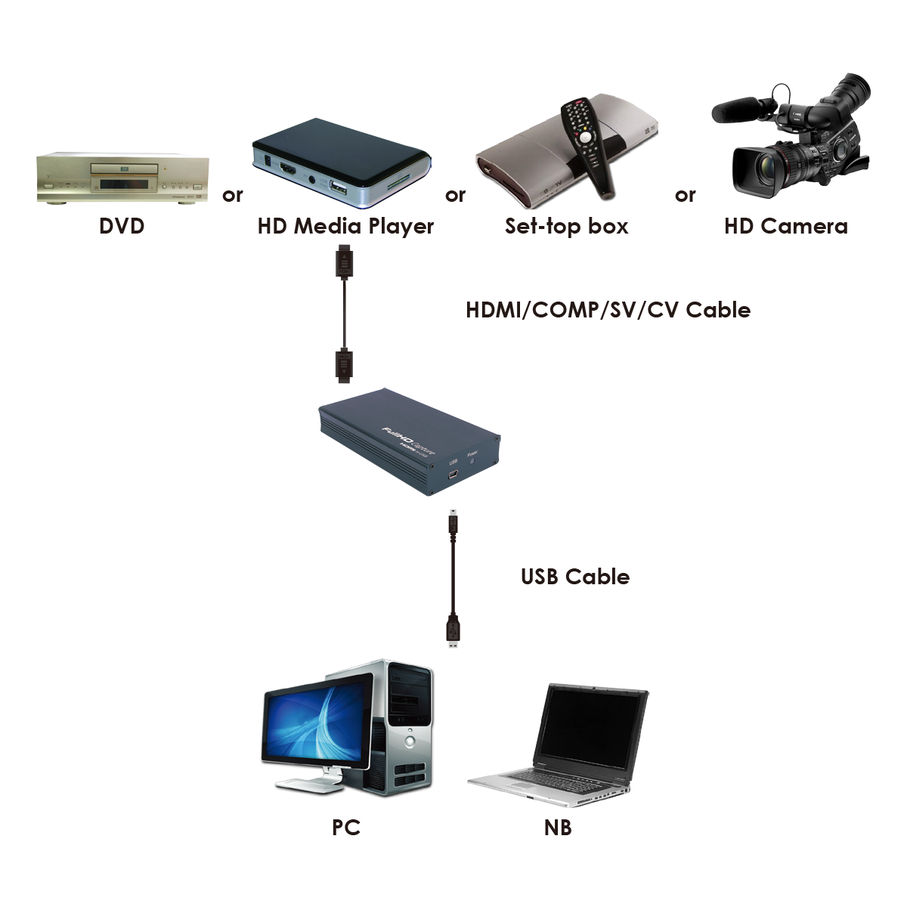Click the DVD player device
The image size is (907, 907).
point(122,178)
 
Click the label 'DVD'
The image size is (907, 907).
point(122,226)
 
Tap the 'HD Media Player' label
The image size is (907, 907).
point(345,226)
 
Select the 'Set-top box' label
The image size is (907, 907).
point(566,226)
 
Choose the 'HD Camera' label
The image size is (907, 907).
point(785,226)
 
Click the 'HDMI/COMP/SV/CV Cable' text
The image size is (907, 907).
point(608,310)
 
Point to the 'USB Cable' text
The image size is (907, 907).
point(575,577)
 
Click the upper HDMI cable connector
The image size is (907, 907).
point(345,262)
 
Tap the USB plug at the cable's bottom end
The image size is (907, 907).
point(453,631)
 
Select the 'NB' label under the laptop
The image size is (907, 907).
point(558,828)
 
